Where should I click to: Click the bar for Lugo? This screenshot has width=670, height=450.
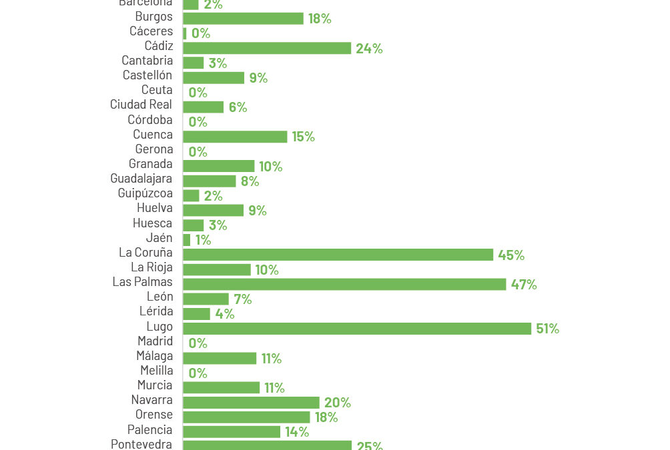pyautogui.click(x=357, y=329)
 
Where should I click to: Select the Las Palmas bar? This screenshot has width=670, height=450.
pyautogui.click(x=344, y=285)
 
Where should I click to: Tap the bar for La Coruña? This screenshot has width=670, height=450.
pyautogui.click(x=338, y=255)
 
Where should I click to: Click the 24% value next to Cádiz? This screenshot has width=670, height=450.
pyautogui.click(x=369, y=48)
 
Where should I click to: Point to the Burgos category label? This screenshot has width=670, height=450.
pyautogui.click(x=153, y=17)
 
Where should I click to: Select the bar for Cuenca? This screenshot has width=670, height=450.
pyautogui.click(x=235, y=137)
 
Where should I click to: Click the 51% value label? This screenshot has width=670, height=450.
pyautogui.click(x=547, y=329)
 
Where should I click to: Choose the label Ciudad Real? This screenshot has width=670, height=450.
pyautogui.click(x=141, y=105)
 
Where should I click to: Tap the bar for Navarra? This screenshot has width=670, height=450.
pyautogui.click(x=251, y=403)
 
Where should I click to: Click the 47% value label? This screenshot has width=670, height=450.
pyautogui.click(x=524, y=285)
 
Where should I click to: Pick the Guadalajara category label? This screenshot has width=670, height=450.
pyautogui.click(x=141, y=179)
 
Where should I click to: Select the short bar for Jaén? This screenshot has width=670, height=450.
pyautogui.click(x=187, y=240)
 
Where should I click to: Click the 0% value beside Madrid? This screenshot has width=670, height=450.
pyautogui.click(x=198, y=343)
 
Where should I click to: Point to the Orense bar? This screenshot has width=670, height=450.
pyautogui.click(x=246, y=417)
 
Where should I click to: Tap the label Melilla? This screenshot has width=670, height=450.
pyautogui.click(x=156, y=371)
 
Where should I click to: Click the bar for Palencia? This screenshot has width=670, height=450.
pyautogui.click(x=232, y=432)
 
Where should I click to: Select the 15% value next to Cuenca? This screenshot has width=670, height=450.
pyautogui.click(x=303, y=137)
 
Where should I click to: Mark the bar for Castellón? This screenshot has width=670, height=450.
pyautogui.click(x=214, y=78)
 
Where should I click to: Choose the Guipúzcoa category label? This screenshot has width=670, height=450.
pyautogui.click(x=145, y=193)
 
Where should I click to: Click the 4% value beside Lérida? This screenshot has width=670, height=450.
pyautogui.click(x=224, y=314)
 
